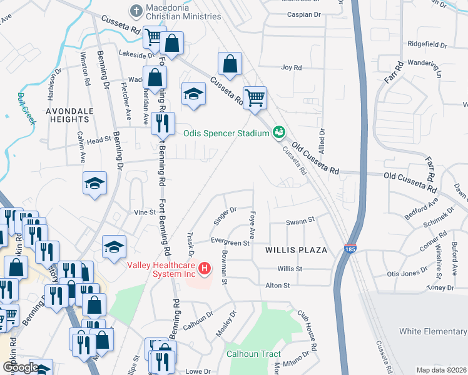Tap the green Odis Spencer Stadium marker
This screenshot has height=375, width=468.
(279, 132)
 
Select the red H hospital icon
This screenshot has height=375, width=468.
(204, 269)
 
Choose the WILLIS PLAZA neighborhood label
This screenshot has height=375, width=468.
(296, 250)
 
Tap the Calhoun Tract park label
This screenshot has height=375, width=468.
(253, 354)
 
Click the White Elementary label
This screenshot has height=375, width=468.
(433, 331)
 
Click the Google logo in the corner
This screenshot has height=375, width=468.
(20, 367)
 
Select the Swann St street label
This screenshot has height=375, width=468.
(298, 221)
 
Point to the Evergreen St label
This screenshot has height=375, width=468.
(230, 242)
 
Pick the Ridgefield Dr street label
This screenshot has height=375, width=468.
(428, 45)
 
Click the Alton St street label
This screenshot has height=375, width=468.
(278, 285)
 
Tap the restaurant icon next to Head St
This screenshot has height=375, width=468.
(163, 122)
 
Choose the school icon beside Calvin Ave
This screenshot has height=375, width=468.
(95, 183)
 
